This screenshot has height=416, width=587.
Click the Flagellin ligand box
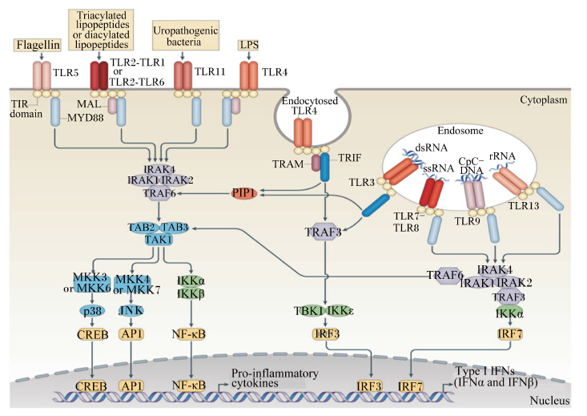[38, 45]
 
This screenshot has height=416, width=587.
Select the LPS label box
[249, 45]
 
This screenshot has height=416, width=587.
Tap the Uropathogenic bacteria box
[185, 35]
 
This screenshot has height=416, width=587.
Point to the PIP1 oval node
[244, 193]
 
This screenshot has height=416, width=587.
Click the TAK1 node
[159, 239]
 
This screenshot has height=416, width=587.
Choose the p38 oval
[92, 311]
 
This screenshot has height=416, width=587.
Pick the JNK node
[131, 311]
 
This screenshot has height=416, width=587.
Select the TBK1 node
[309, 311]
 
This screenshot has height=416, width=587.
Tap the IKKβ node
[191, 293]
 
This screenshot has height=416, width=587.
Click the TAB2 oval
[142, 228]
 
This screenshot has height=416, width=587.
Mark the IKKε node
[340, 311]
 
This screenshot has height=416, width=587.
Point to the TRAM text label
[287, 164]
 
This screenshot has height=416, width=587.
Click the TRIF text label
[350, 158]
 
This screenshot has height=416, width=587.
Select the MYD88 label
[86, 118]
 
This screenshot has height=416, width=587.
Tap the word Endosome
[460, 131]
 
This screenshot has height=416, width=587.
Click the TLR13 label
[524, 205]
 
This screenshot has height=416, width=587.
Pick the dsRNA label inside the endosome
[432, 147]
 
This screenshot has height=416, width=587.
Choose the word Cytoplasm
[544, 99]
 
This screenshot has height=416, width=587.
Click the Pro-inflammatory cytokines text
[275, 378]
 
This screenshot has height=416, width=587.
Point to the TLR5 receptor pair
[42, 76]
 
